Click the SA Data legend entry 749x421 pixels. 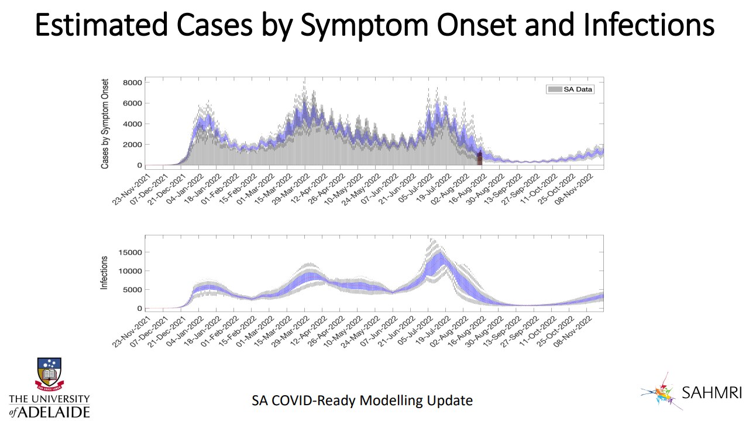pyautogui.click(x=571, y=89)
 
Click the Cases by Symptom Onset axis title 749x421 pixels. pyautogui.click(x=105, y=124)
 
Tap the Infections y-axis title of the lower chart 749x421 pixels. pyautogui.click(x=105, y=273)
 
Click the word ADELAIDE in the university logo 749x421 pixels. pyautogui.click(x=57, y=411)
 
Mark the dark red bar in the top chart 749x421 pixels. pyautogui.click(x=479, y=158)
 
